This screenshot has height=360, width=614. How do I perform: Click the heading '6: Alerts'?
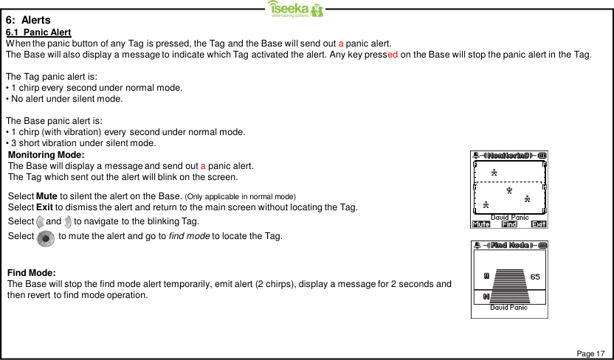coord(29,20)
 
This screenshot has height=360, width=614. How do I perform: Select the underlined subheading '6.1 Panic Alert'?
coord(38,32)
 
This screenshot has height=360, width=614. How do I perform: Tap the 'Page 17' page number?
coord(590,354)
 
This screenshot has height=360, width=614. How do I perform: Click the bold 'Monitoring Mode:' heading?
coord(46,154)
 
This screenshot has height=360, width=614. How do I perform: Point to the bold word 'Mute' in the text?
coord(46,195)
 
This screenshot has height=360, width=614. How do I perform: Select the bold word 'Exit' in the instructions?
coord(44,207)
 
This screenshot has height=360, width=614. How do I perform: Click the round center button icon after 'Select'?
coord(45,238)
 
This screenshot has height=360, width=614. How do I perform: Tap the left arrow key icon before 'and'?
coord(40,221)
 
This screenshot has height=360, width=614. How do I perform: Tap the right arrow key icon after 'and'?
coord(68,221)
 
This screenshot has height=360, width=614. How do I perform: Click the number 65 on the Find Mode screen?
coord(535,277)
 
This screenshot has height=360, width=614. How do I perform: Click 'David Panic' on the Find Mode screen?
coord(508,307)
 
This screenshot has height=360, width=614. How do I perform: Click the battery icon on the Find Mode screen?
coord(542,245)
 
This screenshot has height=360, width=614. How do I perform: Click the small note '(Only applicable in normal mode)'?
coord(240,195)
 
